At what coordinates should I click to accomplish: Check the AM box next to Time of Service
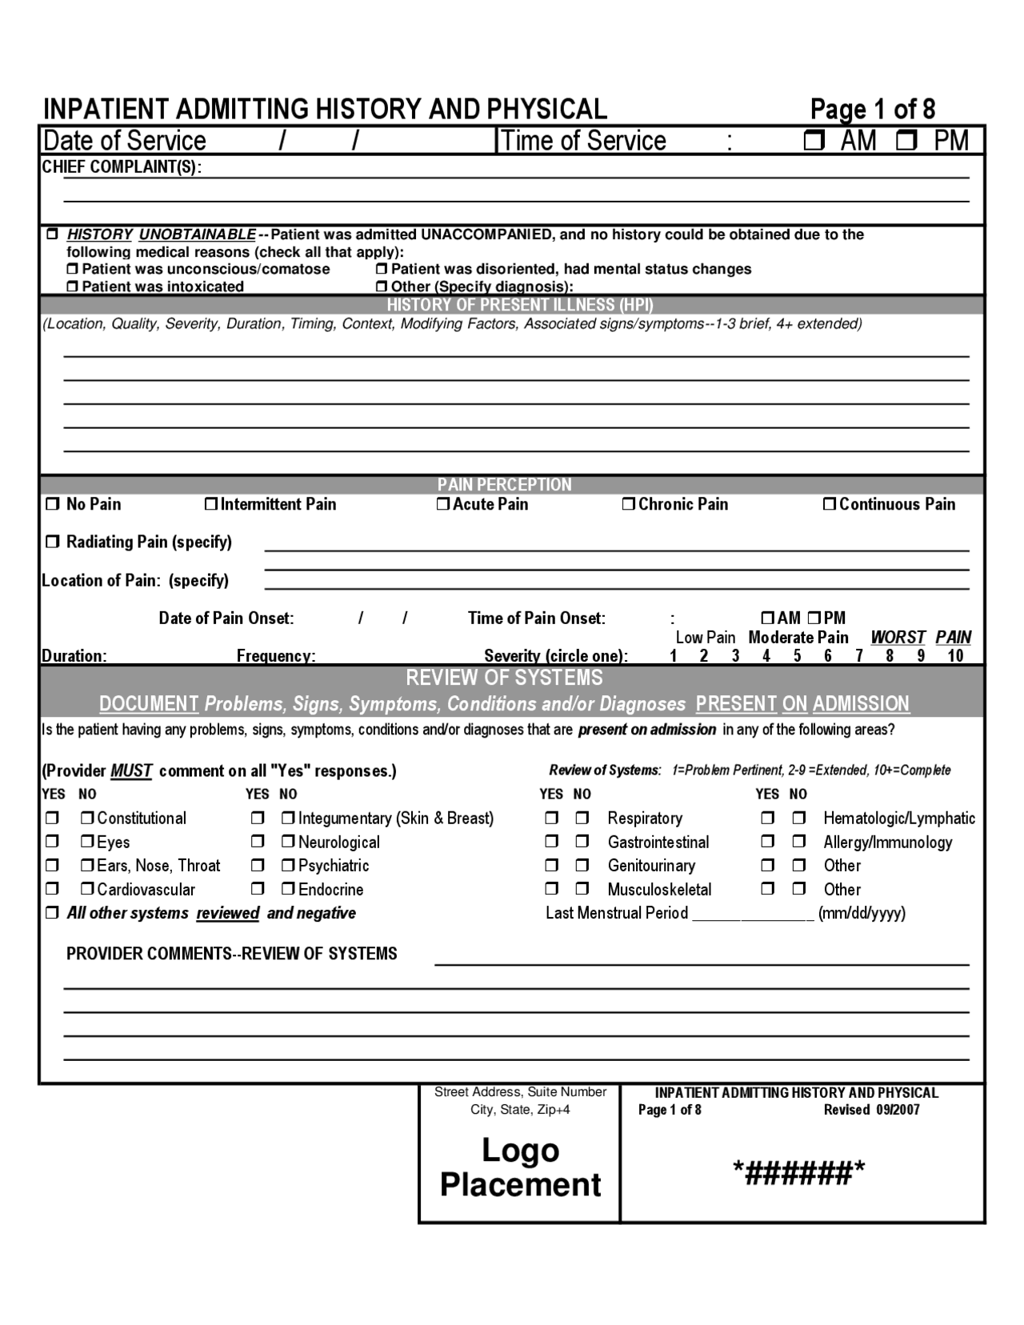[814, 142]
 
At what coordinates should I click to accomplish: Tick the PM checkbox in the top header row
[907, 142]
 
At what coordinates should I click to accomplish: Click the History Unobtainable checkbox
[53, 234]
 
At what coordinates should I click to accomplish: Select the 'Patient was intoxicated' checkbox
[73, 286]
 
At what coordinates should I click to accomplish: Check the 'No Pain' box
[53, 504]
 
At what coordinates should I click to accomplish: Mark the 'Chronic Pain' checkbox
[629, 504]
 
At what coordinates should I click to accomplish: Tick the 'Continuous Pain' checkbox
[830, 504]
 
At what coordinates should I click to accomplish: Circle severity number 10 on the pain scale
[955, 656]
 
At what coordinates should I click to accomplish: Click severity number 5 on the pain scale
[797, 656]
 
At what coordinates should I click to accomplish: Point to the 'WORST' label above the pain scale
[898, 638]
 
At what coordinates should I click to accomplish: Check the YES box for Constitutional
[52, 819]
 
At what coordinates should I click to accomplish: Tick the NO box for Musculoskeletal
[582, 889]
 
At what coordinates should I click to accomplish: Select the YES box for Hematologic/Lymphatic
[767, 819]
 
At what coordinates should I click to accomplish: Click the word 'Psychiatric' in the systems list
[334, 866]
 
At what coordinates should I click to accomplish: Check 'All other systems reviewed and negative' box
[53, 913]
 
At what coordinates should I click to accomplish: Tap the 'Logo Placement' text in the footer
[520, 1167]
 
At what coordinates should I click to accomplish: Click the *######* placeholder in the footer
[798, 1174]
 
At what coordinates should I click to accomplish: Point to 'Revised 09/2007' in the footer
[871, 1110]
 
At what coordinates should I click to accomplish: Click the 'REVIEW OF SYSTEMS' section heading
[504, 678]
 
